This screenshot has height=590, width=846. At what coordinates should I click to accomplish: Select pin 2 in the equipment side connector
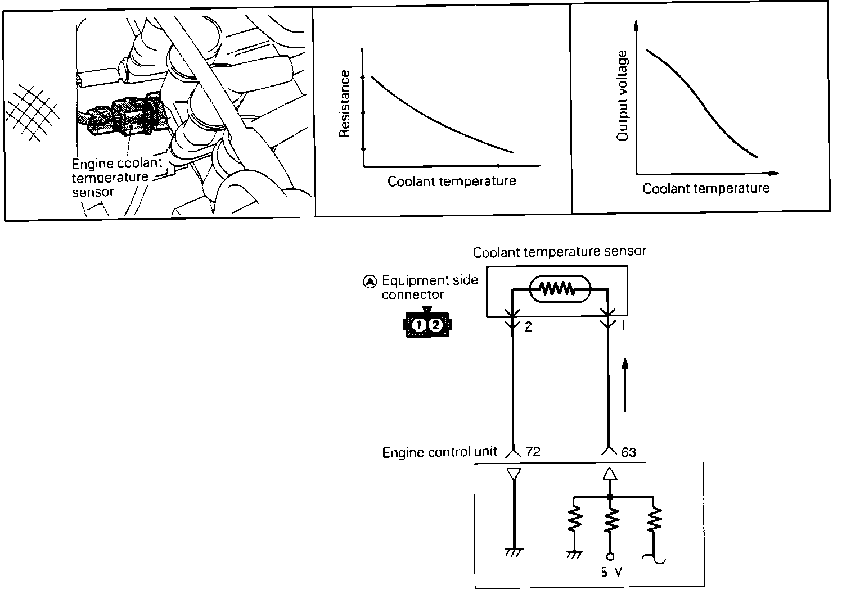pyautogui.click(x=436, y=325)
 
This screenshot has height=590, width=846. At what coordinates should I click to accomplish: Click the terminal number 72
pyautogui.click(x=532, y=452)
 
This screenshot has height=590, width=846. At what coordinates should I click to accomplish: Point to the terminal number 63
pyautogui.click(x=629, y=452)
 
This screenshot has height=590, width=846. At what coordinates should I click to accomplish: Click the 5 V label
pyautogui.click(x=610, y=573)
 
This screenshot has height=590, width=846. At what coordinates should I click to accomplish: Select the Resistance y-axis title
pyautogui.click(x=345, y=104)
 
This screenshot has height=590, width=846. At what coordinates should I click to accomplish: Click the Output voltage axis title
pyautogui.click(x=622, y=96)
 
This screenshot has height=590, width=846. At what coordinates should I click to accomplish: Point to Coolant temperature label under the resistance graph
pyautogui.click(x=452, y=181)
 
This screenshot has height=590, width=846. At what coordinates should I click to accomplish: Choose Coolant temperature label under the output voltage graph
pyautogui.click(x=706, y=188)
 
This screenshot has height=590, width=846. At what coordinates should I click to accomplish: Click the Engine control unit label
pyautogui.click(x=439, y=452)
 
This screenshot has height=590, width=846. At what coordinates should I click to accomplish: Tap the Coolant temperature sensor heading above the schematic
pyautogui.click(x=560, y=252)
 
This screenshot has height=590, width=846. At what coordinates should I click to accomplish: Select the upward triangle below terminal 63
pyautogui.click(x=610, y=475)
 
